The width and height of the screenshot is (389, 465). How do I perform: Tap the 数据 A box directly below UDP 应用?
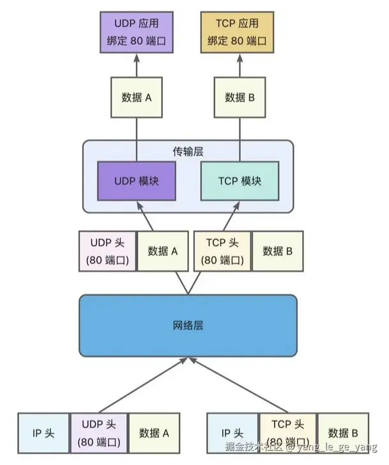[136, 98]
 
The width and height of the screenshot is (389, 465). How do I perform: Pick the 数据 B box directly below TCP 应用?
[240, 98]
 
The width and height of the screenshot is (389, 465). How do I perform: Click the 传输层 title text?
[188, 152]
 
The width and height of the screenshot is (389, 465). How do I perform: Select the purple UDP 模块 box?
[136, 181]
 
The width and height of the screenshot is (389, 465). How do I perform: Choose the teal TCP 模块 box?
[240, 181]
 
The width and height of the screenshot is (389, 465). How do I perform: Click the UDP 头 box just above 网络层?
[107, 251]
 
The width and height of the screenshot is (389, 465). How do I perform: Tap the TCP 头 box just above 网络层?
[222, 251]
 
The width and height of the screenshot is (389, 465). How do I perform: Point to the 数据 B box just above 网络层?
[277, 251]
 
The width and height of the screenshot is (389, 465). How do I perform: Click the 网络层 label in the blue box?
[188, 325]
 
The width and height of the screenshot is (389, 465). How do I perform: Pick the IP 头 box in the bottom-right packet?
[233, 433]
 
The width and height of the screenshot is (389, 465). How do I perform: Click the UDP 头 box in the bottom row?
[99, 433]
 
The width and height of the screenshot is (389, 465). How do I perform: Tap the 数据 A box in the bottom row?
[154, 433]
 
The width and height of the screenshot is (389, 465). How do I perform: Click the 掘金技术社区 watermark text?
[256, 446]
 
